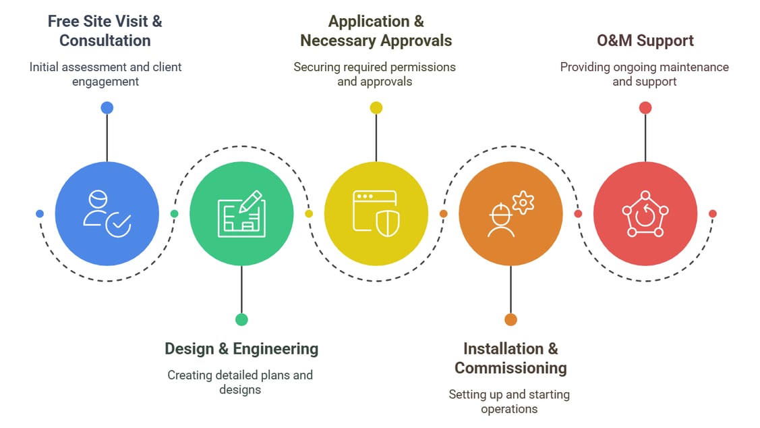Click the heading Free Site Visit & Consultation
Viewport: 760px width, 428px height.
click(x=105, y=31)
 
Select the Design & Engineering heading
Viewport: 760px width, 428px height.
click(x=241, y=349)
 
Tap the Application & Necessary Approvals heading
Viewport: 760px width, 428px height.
click(x=376, y=31)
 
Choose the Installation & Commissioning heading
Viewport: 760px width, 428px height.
click(x=510, y=358)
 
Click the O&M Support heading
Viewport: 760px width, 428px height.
click(x=645, y=41)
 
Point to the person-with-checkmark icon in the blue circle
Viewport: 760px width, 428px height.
click(x=107, y=214)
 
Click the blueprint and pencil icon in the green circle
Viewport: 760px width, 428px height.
click(x=241, y=214)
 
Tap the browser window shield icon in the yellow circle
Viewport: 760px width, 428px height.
click(x=376, y=214)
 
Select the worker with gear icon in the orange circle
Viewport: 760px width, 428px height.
click(x=510, y=214)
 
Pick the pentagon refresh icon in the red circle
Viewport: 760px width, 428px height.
click(x=645, y=214)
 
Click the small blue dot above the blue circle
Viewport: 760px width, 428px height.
click(x=107, y=108)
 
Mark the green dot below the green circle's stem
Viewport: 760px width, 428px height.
click(x=241, y=319)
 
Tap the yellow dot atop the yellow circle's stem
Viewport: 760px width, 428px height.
click(x=376, y=108)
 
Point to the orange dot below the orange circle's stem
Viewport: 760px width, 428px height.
click(x=510, y=319)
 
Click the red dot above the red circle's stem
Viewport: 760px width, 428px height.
click(x=645, y=108)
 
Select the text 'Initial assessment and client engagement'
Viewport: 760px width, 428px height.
click(x=105, y=74)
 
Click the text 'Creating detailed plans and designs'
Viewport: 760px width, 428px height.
click(x=240, y=382)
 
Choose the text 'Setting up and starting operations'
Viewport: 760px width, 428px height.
click(x=509, y=402)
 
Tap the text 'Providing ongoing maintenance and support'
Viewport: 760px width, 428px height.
click(x=644, y=74)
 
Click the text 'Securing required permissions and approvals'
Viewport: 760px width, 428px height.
click(x=374, y=74)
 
